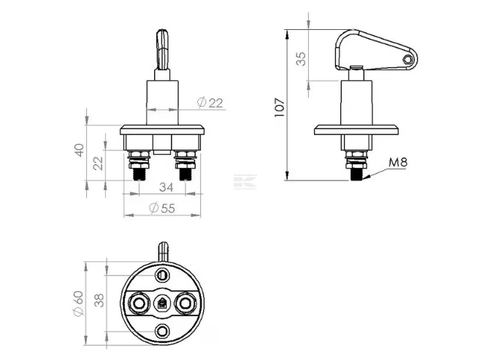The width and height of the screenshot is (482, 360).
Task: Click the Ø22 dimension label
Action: pyautogui.click(x=210, y=103)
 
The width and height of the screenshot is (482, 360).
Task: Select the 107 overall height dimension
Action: pyautogui.click(x=280, y=107)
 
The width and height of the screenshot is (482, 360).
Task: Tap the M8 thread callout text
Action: pyautogui.click(x=398, y=162)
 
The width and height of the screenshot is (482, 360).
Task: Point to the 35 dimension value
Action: pyautogui.click(x=301, y=58)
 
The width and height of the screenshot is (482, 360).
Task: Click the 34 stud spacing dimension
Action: pyautogui.click(x=166, y=187)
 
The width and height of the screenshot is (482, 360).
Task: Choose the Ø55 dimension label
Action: pyautogui.click(x=162, y=208)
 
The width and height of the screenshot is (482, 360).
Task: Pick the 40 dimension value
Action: pyautogui.click(x=80, y=150)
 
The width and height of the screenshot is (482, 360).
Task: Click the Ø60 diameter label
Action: pyautogui.click(x=78, y=304)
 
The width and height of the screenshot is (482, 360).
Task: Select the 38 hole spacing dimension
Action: pyautogui.click(x=99, y=300)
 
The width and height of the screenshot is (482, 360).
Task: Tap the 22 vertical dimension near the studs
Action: pyautogui.click(x=99, y=164)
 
